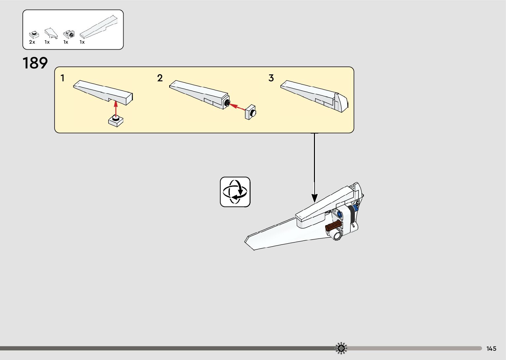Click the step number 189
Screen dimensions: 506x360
tap(35, 63)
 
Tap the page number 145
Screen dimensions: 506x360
tap(491, 348)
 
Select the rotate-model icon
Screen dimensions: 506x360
tap(235, 192)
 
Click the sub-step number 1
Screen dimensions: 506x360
tap(62, 78)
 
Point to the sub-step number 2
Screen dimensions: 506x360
tap(160, 78)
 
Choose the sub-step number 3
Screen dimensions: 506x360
tap(271, 78)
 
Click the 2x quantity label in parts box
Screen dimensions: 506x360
tap(32, 42)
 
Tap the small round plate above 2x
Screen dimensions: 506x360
tap(33, 34)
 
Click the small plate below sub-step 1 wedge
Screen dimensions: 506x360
tap(116, 121)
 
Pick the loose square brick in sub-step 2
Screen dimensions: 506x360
tap(251, 112)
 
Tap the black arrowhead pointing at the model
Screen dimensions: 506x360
tap(314, 198)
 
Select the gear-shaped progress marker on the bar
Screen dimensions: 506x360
tap(341, 348)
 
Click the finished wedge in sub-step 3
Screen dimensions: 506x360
tap(314, 96)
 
